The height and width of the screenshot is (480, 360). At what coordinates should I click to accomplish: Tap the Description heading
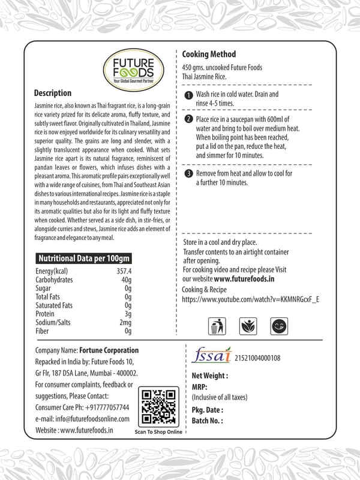(53, 94)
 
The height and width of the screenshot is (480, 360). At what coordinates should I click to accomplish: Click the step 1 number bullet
(188, 95)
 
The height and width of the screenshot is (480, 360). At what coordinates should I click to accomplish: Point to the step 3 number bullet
(188, 174)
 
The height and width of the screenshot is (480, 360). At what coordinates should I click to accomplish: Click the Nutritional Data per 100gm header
(84, 259)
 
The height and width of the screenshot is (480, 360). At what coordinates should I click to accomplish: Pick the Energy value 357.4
(124, 271)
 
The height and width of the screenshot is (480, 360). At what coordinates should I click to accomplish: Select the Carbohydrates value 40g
(126, 280)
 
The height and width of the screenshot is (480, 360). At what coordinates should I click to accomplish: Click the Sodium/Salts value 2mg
(125, 322)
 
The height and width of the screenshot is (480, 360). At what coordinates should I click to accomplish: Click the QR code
(158, 406)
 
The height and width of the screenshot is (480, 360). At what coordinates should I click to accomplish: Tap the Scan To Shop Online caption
(158, 431)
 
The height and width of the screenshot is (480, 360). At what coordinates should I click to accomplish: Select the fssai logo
(213, 356)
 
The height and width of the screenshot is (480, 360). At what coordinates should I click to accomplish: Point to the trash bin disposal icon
(216, 327)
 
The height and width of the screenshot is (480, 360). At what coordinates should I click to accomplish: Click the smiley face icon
(278, 327)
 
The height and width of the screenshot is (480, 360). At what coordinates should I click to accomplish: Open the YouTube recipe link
(250, 298)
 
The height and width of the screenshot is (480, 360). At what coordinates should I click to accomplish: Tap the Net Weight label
(209, 376)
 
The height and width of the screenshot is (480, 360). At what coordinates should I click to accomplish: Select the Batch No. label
(207, 421)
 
